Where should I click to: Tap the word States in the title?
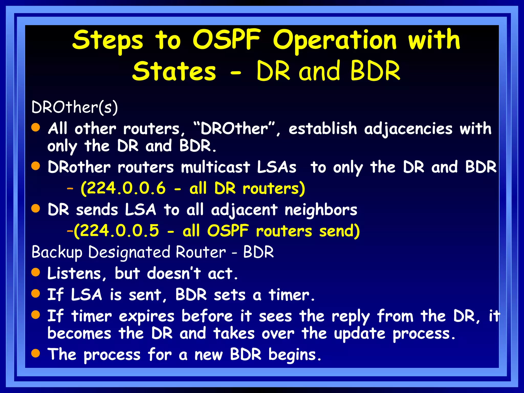(174, 72)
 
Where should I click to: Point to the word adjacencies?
(408, 129)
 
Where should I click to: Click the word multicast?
(215, 167)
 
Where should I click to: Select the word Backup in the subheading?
(57, 252)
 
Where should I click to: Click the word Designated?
(129, 252)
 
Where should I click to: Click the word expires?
(146, 316)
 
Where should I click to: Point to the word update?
(359, 334)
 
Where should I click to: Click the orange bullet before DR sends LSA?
(36, 208)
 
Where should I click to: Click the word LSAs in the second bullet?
(276, 167)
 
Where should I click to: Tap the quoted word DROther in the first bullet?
(234, 129)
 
